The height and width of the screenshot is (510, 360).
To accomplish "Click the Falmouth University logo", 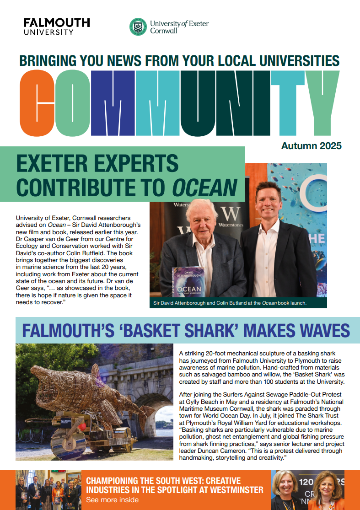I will pyautogui.click(x=57, y=27).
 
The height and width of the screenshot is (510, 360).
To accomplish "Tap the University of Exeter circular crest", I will pyautogui.click(x=138, y=27).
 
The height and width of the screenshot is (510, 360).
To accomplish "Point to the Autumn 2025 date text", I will pyautogui.click(x=311, y=146).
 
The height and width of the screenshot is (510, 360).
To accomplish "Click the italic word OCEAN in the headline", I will pyautogui.click(x=205, y=187).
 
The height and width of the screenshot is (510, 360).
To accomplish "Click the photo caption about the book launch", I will pyautogui.click(x=230, y=303).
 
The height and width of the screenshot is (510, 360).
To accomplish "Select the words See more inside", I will pyautogui.click(x=112, y=500).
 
